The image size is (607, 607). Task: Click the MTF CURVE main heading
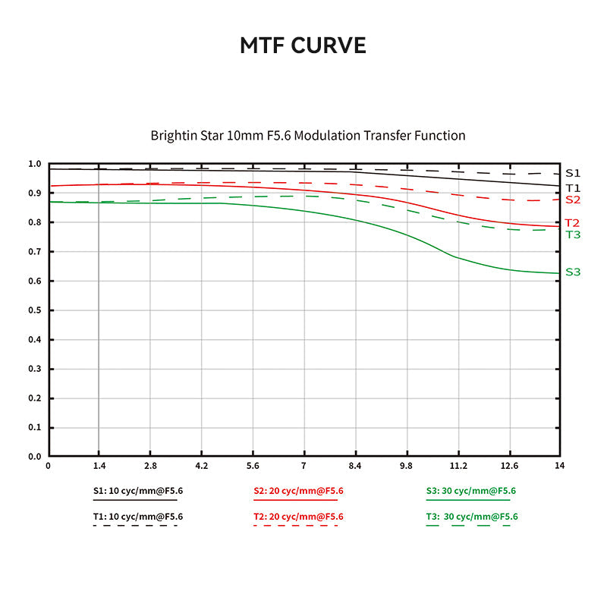[303, 46]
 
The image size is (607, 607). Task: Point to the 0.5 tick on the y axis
[34, 310]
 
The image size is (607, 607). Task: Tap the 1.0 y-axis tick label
[34, 164]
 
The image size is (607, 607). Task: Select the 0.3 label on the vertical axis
[34, 369]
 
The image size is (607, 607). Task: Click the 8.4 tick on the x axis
[355, 465]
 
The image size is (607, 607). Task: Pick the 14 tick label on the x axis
[559, 465]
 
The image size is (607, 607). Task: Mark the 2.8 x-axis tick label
[150, 465]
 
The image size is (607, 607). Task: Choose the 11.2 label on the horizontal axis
[458, 465]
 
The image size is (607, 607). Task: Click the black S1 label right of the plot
[573, 173]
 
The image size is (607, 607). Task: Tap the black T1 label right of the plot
[573, 187]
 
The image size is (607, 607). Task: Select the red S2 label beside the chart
[573, 200]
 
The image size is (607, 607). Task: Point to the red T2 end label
[572, 223]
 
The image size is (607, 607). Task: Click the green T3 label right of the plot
[573, 234]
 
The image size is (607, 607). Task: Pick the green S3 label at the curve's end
[573, 272]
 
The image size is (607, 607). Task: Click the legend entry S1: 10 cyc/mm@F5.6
[137, 491]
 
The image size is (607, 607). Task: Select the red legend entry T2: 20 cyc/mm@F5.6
[297, 517]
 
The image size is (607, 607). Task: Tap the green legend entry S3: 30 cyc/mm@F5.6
[471, 491]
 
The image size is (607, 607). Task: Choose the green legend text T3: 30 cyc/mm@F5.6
[471, 517]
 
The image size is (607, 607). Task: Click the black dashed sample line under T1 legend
[135, 525]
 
